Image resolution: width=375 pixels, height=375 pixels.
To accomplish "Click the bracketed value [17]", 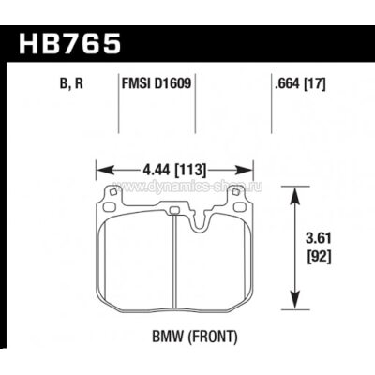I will click(x=317, y=84).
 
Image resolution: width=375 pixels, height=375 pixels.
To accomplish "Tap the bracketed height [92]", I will click(x=317, y=255).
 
